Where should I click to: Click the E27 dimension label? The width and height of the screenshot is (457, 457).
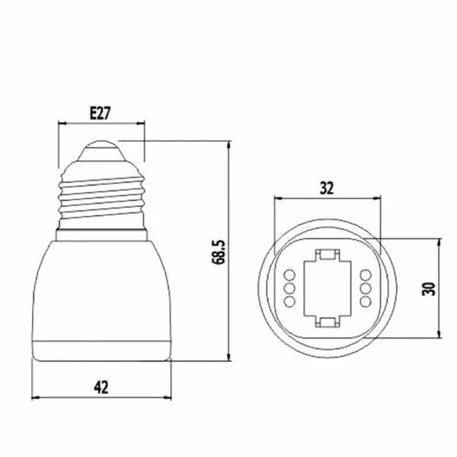point(101,113)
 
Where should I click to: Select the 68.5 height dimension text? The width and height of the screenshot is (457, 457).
point(219,252)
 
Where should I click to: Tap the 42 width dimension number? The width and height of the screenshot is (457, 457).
point(101,388)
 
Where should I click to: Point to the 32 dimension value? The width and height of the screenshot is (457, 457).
point(327,188)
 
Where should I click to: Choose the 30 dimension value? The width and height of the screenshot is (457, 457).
point(428,289)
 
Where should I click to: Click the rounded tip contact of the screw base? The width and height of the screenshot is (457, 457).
point(101,151)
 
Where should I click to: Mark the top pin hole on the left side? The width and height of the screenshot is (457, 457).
point(289,275)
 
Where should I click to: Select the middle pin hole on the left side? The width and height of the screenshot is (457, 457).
point(289,289)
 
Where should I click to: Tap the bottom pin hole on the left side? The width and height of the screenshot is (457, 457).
point(289,302)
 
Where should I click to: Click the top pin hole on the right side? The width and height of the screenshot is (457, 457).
point(366,275)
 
